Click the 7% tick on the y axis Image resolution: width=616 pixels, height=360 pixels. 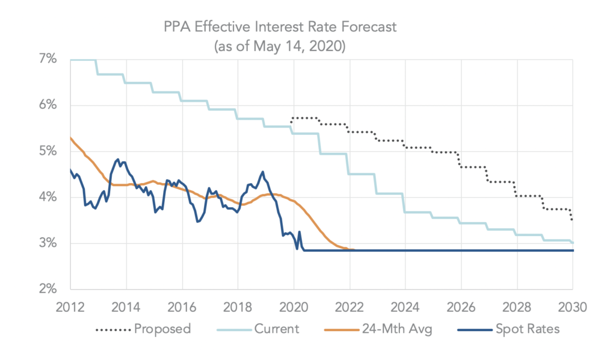pos(49,60)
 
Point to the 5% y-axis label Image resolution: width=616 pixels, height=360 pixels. pos(49,152)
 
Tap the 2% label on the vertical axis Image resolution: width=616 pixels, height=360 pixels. pos(49,289)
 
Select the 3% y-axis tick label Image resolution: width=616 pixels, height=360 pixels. pos(49,243)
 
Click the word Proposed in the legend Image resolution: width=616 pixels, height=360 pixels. pos(163,329)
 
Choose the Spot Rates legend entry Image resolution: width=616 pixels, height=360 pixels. pos(526,329)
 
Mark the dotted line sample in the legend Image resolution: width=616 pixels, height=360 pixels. pos(112,329)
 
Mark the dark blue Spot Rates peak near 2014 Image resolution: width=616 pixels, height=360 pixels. pos(117,160)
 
